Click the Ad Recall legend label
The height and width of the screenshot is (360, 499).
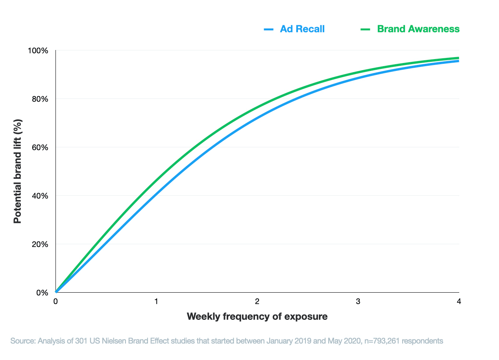(x=302, y=29)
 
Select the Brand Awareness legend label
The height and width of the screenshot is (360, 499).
(x=418, y=29)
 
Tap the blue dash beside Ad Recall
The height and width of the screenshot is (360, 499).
(x=269, y=29)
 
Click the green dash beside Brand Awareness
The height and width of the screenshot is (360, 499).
(x=366, y=29)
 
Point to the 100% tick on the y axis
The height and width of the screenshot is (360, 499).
(x=38, y=51)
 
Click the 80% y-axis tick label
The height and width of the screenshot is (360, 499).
(x=40, y=99)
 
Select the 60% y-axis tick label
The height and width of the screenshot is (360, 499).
(x=40, y=148)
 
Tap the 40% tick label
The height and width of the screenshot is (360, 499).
(x=40, y=196)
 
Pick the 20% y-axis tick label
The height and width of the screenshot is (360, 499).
(x=40, y=245)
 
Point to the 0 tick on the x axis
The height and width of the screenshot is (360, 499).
(x=56, y=302)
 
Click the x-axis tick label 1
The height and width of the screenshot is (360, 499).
(x=156, y=302)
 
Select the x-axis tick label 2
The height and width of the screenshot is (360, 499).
(x=257, y=302)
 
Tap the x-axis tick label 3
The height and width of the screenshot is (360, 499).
(x=358, y=302)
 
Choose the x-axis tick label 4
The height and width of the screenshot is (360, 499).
(x=458, y=302)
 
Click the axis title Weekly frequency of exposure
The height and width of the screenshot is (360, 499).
(x=257, y=316)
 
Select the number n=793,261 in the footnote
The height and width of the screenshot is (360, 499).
(x=385, y=341)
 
